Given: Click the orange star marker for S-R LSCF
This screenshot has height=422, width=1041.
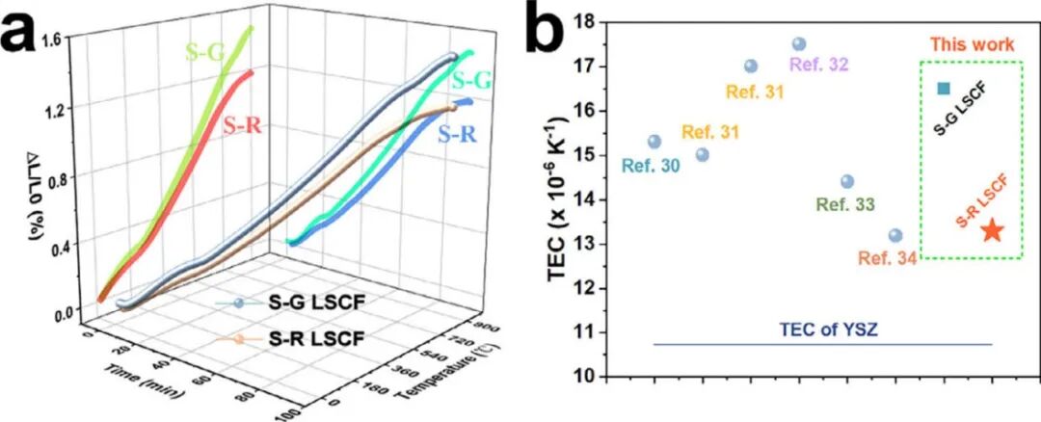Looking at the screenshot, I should pos(992,230).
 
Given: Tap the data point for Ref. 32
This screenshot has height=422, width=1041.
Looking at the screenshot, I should pos(799,44).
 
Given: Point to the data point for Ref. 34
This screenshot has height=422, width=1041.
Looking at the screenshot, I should pos(895,235).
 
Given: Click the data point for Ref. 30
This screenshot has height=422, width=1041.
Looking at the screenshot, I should pos(654,142).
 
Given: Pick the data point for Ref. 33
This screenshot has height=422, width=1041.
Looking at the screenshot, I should pos(847,181).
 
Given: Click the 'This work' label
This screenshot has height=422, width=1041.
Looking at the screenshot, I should pos(973,44).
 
